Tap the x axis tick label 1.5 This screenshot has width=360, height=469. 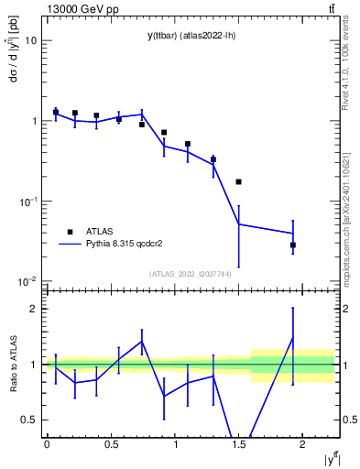(238, 444)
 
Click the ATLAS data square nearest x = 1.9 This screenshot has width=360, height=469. (293, 245)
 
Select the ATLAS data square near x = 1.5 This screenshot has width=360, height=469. (238, 182)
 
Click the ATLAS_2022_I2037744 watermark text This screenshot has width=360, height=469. (189, 274)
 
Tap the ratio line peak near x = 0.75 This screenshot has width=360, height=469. (142, 342)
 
